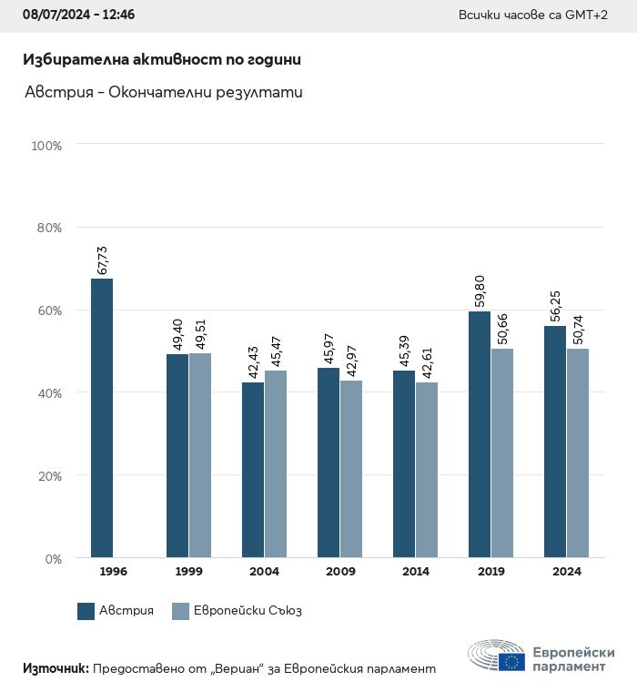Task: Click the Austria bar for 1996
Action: click(102, 418)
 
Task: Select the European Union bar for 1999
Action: click(200, 455)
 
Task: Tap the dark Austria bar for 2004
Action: click(253, 470)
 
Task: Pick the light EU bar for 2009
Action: click(351, 469)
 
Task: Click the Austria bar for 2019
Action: click(480, 434)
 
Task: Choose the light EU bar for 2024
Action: click(578, 453)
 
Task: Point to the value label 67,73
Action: click(102, 259)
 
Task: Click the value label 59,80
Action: click(480, 292)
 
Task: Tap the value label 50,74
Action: click(578, 330)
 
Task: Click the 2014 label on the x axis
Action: click(416, 572)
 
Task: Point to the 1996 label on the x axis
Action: click(113, 572)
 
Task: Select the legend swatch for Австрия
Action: click(86, 611)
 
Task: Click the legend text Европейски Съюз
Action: click(248, 611)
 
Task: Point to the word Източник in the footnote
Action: click(55, 668)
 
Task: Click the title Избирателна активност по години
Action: click(161, 59)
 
